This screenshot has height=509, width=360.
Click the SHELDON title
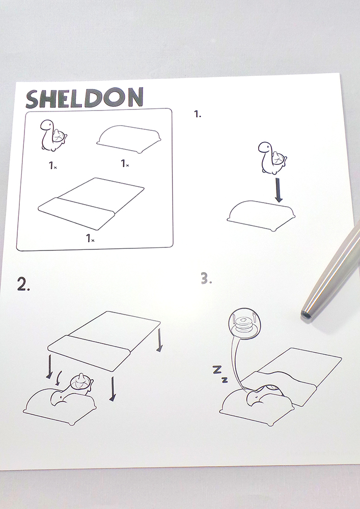85,98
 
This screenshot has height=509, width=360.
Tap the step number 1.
198,114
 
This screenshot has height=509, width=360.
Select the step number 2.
23,284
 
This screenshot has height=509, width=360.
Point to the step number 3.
206,278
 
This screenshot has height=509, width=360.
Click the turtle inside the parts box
53,135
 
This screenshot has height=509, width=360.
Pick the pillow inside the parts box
129,138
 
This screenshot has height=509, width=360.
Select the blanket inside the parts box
91,203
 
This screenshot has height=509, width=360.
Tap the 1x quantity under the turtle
53,165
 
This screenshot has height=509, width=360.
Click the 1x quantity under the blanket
90,238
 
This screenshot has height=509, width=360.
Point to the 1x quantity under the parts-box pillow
125,163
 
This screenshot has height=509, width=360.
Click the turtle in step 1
272,158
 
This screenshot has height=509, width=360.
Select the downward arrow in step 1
278,189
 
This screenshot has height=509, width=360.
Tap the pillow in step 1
261,215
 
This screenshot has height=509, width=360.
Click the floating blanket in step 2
104,341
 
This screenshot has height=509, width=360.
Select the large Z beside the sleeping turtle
217,369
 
